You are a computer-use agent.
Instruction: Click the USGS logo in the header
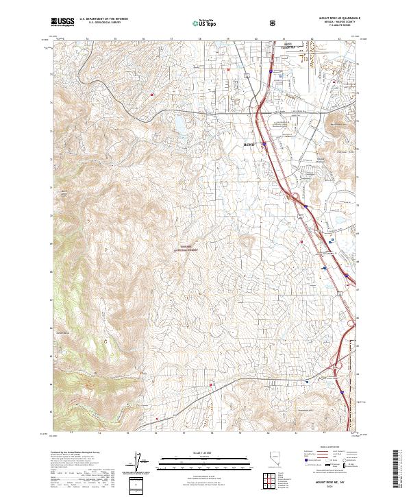[62, 22]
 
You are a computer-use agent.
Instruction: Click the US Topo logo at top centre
[204, 23]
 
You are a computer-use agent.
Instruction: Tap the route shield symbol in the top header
[274, 22]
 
